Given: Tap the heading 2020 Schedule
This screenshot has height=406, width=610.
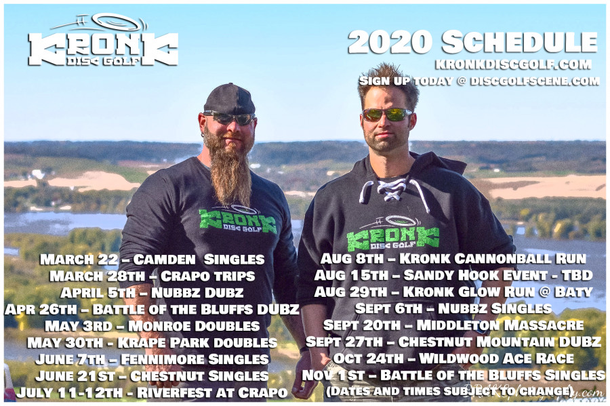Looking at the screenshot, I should pyautogui.click(x=472, y=42).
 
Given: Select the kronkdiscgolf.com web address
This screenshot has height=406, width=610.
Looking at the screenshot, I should pyautogui.click(x=513, y=64).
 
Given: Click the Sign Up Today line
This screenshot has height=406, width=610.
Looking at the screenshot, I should pyautogui.click(x=479, y=81).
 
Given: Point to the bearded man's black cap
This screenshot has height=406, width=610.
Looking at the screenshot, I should pyautogui.click(x=229, y=99).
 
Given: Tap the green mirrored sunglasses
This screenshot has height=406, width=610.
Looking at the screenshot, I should pyautogui.click(x=387, y=115).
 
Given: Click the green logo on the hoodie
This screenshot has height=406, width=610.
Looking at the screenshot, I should pyautogui.click(x=392, y=235).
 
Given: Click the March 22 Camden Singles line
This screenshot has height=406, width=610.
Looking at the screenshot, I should pyautogui.click(x=152, y=259).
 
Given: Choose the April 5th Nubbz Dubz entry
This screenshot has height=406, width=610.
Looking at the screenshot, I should pyautogui.click(x=151, y=293).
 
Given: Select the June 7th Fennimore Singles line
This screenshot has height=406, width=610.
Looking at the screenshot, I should pyautogui.click(x=152, y=359).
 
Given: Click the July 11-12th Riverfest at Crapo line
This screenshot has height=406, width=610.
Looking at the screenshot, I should pyautogui.click(x=152, y=392).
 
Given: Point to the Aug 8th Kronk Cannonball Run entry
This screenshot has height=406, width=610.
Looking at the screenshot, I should pyautogui.click(x=453, y=258).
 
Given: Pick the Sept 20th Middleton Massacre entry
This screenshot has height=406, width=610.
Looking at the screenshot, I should pyautogui.click(x=453, y=325).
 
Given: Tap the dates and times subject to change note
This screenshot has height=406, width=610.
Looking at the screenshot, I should pyautogui.click(x=449, y=391).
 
